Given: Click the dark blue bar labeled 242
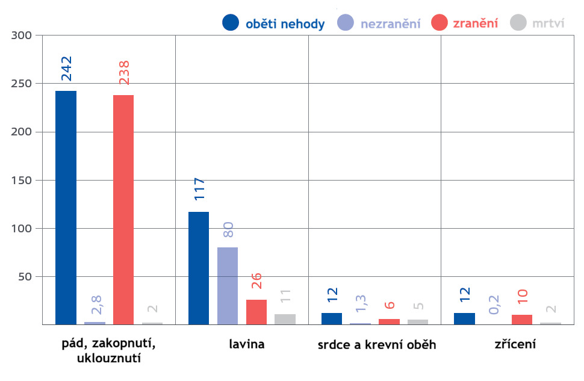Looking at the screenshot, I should tap(66, 208).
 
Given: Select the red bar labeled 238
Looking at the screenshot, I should tap(123, 209).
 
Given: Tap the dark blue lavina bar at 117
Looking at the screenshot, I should tap(199, 268).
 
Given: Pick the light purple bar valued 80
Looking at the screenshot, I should tap(228, 285).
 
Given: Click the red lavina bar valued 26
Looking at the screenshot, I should tap(256, 312).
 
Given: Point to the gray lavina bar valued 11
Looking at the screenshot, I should tap(285, 319).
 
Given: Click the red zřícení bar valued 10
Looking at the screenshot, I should tap(522, 320).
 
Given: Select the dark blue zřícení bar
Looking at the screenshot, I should tap(464, 318).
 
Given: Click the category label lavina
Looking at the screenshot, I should tap(247, 345).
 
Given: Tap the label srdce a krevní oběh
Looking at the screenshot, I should tap(377, 345).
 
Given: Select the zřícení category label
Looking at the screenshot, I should tap(515, 345).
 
